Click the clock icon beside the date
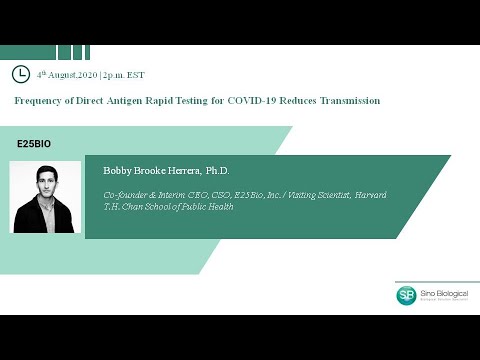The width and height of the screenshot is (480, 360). click(x=20, y=74)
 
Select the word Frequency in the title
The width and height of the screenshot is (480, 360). click(x=39, y=101)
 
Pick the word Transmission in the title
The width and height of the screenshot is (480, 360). click(x=346, y=101)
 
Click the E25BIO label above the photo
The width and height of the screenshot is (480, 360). click(x=34, y=144)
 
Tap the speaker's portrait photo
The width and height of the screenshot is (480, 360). click(x=45, y=196)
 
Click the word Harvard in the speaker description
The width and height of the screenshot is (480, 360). click(x=371, y=194)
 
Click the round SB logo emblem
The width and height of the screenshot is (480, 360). click(x=407, y=295)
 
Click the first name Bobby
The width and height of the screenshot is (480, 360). click(x=118, y=171)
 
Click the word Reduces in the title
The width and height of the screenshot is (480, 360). click(x=295, y=101)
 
